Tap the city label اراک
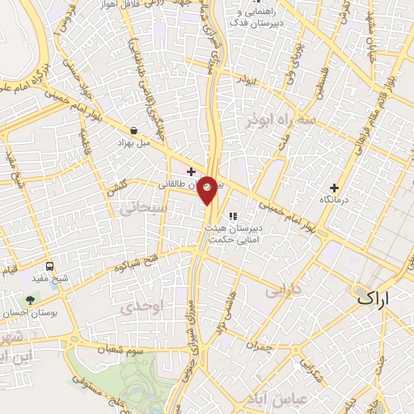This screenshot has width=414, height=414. [x=372, y=298]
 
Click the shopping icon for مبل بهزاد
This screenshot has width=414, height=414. [x=133, y=129]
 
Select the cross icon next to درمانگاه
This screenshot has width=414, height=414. [x=334, y=188]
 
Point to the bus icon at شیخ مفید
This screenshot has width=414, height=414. [x=50, y=266]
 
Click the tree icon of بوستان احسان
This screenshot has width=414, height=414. [x=31, y=300]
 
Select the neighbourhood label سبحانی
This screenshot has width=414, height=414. [x=142, y=209]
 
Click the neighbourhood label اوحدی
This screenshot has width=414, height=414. [x=142, y=307]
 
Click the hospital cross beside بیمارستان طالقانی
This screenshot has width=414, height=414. [x=191, y=171]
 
